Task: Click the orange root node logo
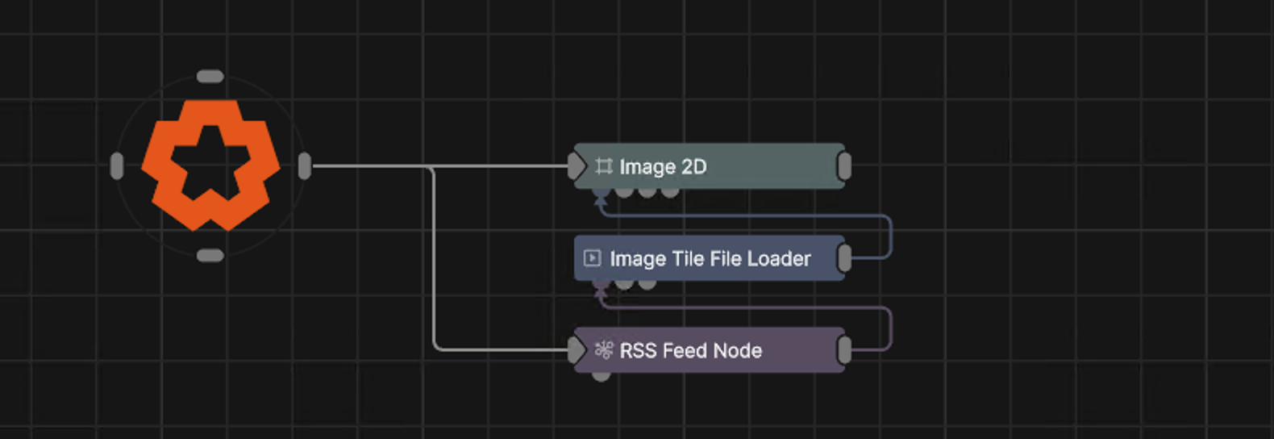pos(210,165)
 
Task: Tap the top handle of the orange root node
pos(210,77)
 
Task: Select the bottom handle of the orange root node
pos(210,256)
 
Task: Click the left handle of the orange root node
pos(117,166)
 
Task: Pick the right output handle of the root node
pos(305,166)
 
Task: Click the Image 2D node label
pos(663,167)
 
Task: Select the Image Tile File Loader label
pos(710,259)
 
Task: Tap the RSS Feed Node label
pos(691,351)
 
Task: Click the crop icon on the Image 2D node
pos(603,166)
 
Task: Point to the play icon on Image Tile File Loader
pos(592,258)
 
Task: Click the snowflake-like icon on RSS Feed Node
pos(604,350)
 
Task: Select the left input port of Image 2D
pos(577,166)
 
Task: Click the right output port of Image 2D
pos(844,166)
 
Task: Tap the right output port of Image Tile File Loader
pos(844,258)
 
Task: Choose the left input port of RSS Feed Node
pos(577,350)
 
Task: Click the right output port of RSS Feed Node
pos(844,350)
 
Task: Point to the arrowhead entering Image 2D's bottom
pos(602,202)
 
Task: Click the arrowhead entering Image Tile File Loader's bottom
pos(602,294)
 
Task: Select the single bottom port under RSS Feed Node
pos(602,376)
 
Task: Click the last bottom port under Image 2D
pos(670,192)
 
